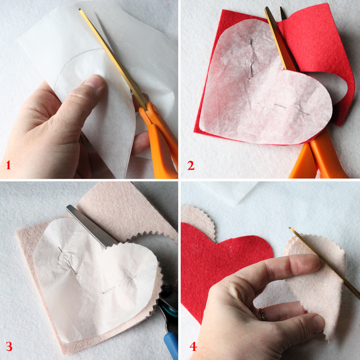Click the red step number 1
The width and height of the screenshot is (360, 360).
[x=8, y=165]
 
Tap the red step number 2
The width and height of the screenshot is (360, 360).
[x=191, y=165]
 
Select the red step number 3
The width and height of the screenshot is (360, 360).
[x=9, y=347]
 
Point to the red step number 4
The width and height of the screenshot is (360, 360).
[x=193, y=347]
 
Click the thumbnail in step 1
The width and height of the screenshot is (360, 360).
[x=95, y=81]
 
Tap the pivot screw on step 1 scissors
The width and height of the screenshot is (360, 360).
[x=155, y=110]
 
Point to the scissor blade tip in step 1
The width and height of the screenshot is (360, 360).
[x=80, y=10]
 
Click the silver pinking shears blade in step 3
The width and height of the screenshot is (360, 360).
[x=92, y=226]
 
